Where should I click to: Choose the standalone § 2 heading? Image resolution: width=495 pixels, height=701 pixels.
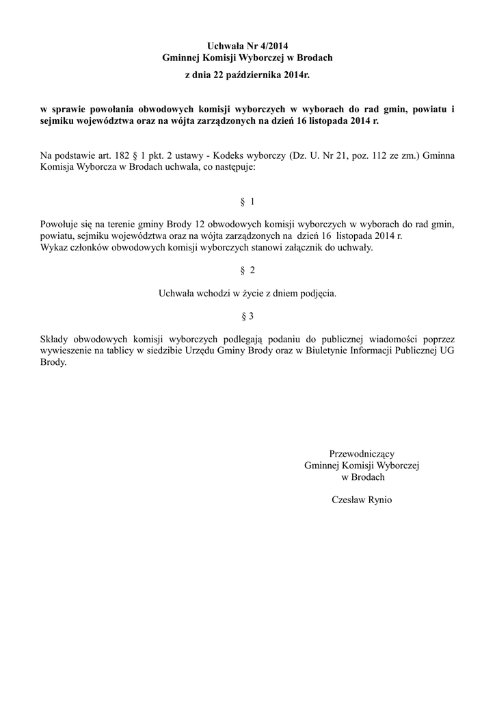coord(247,270)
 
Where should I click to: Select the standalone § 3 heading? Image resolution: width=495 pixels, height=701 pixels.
coord(247,316)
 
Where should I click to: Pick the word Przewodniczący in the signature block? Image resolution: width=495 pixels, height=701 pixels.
coord(362,453)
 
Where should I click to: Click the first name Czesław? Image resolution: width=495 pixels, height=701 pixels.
coord(347,500)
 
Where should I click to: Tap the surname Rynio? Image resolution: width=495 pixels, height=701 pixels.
coord(379,500)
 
